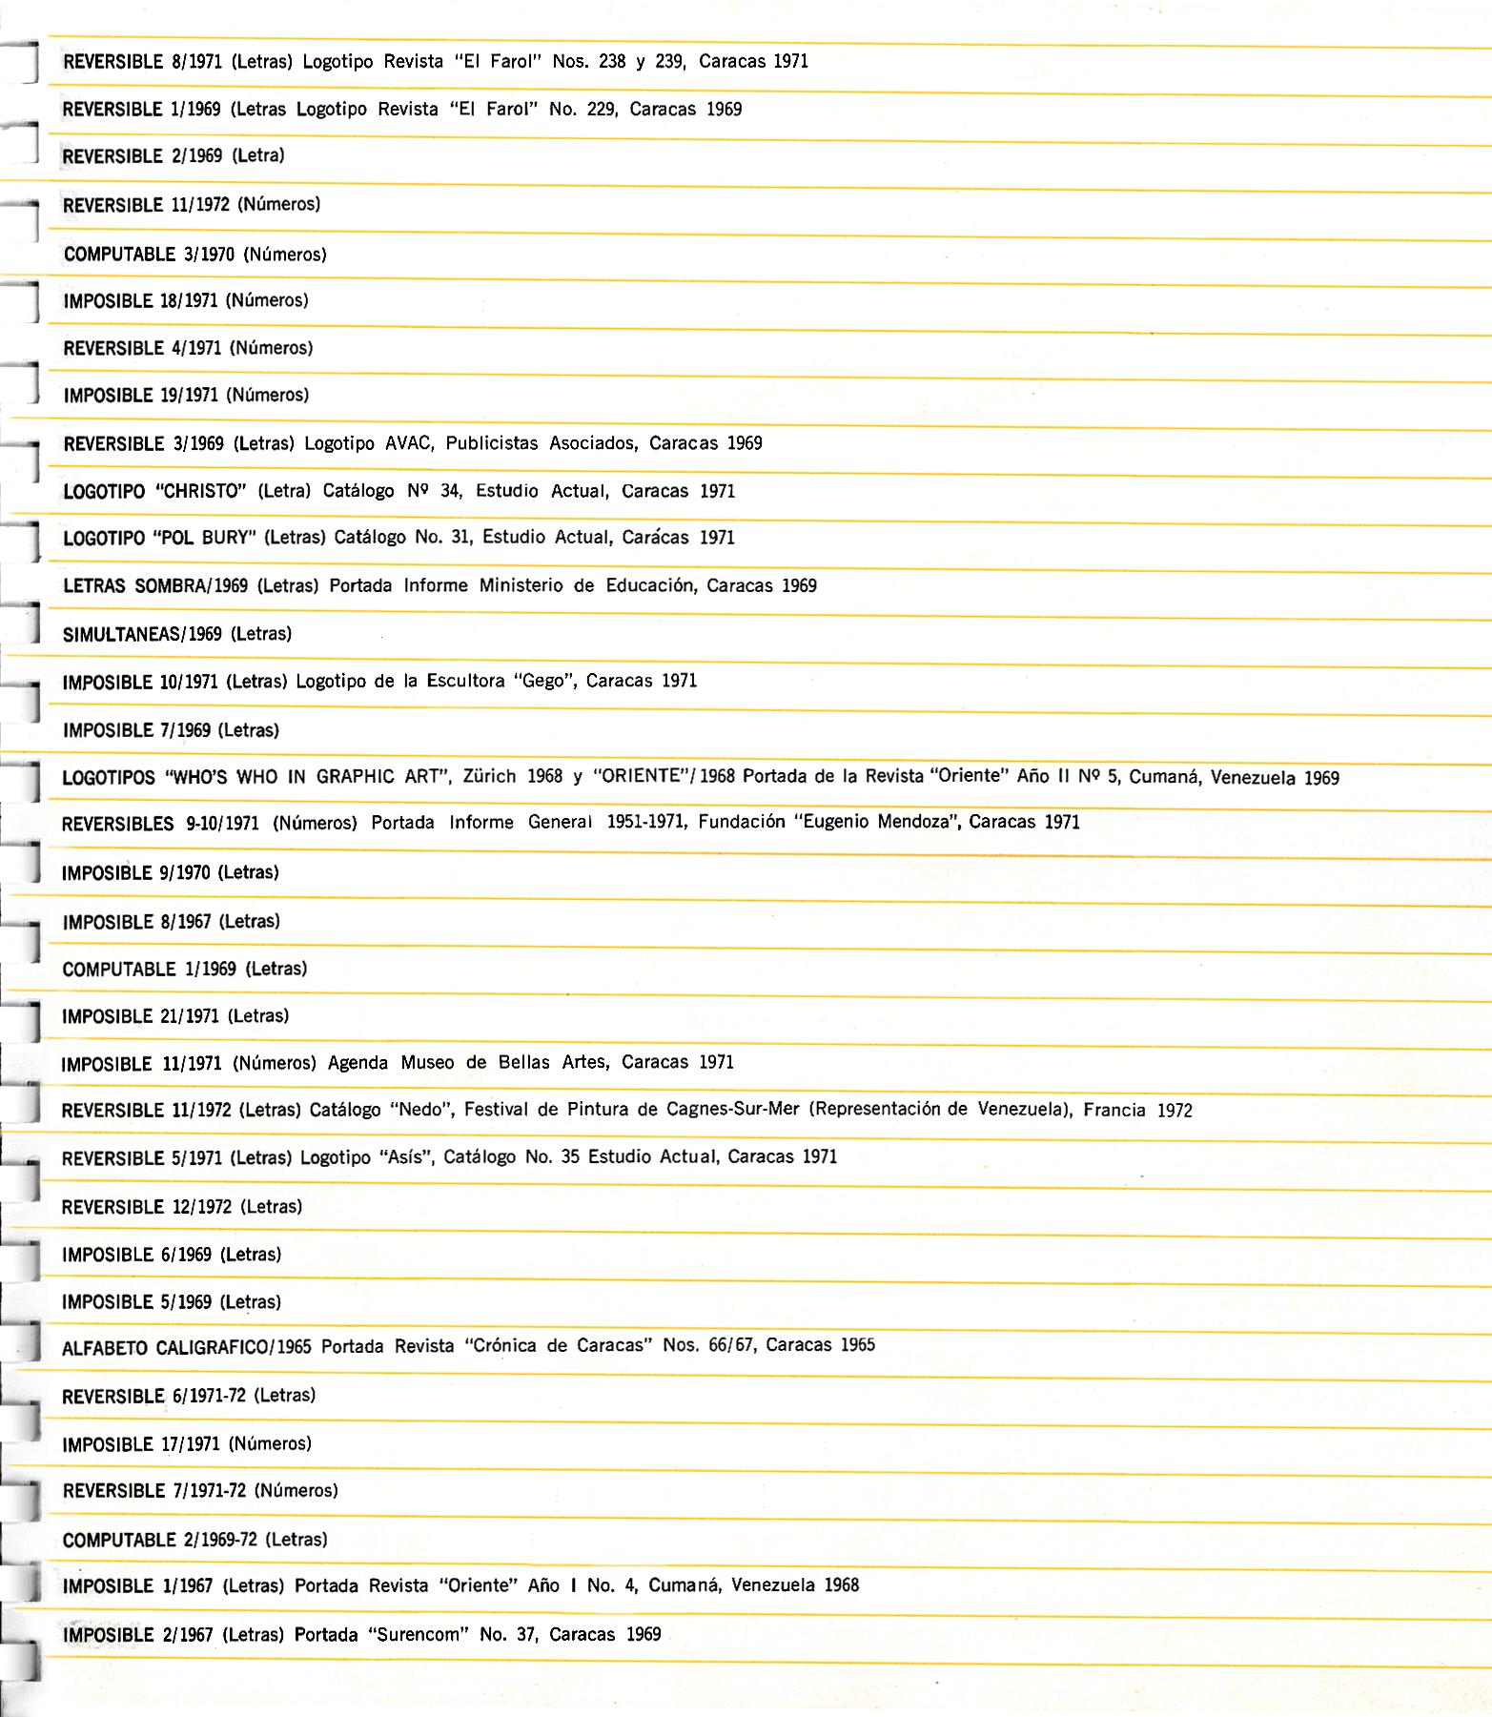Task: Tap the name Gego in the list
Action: [x=543, y=681]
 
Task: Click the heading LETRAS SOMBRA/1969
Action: [x=155, y=585]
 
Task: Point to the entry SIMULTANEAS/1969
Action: [x=142, y=634]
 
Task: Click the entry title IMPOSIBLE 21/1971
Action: [x=141, y=1016]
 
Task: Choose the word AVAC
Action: [x=408, y=443]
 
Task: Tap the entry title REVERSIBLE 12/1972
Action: [x=147, y=1207]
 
